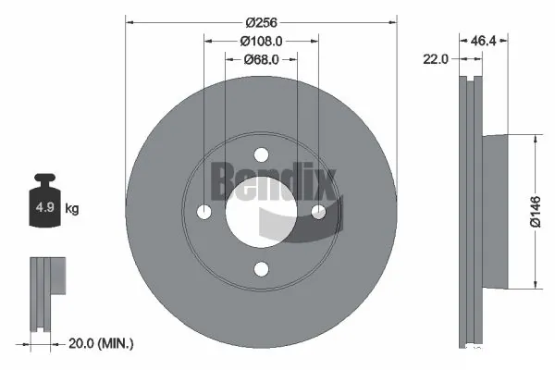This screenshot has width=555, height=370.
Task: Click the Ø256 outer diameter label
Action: pos(260,22)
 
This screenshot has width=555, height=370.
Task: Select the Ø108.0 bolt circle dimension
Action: pos(260,42)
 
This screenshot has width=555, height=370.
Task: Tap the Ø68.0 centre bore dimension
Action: pos(261,59)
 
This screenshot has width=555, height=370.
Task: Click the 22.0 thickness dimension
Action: pos(436,58)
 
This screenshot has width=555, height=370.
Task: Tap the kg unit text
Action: pos(72,209)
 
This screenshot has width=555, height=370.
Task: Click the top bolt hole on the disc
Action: pos(261,154)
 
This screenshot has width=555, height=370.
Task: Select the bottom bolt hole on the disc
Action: pos(261,268)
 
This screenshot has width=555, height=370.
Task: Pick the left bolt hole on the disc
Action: pos(203,212)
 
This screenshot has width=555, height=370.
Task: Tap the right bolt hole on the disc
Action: pos(318,212)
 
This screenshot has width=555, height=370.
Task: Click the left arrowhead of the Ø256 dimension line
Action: pos(129,22)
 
